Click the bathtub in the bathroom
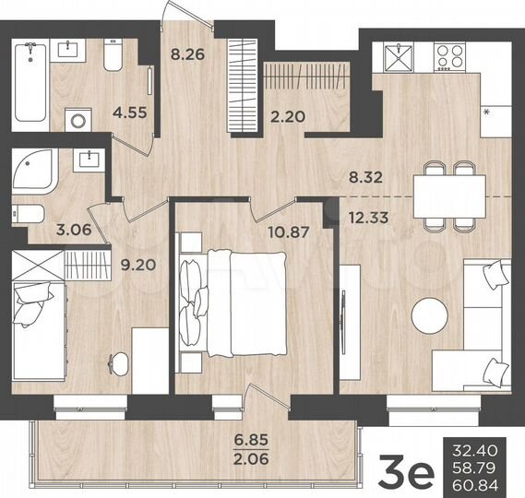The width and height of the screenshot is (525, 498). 31,83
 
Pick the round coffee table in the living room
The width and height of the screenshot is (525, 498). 431,316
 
